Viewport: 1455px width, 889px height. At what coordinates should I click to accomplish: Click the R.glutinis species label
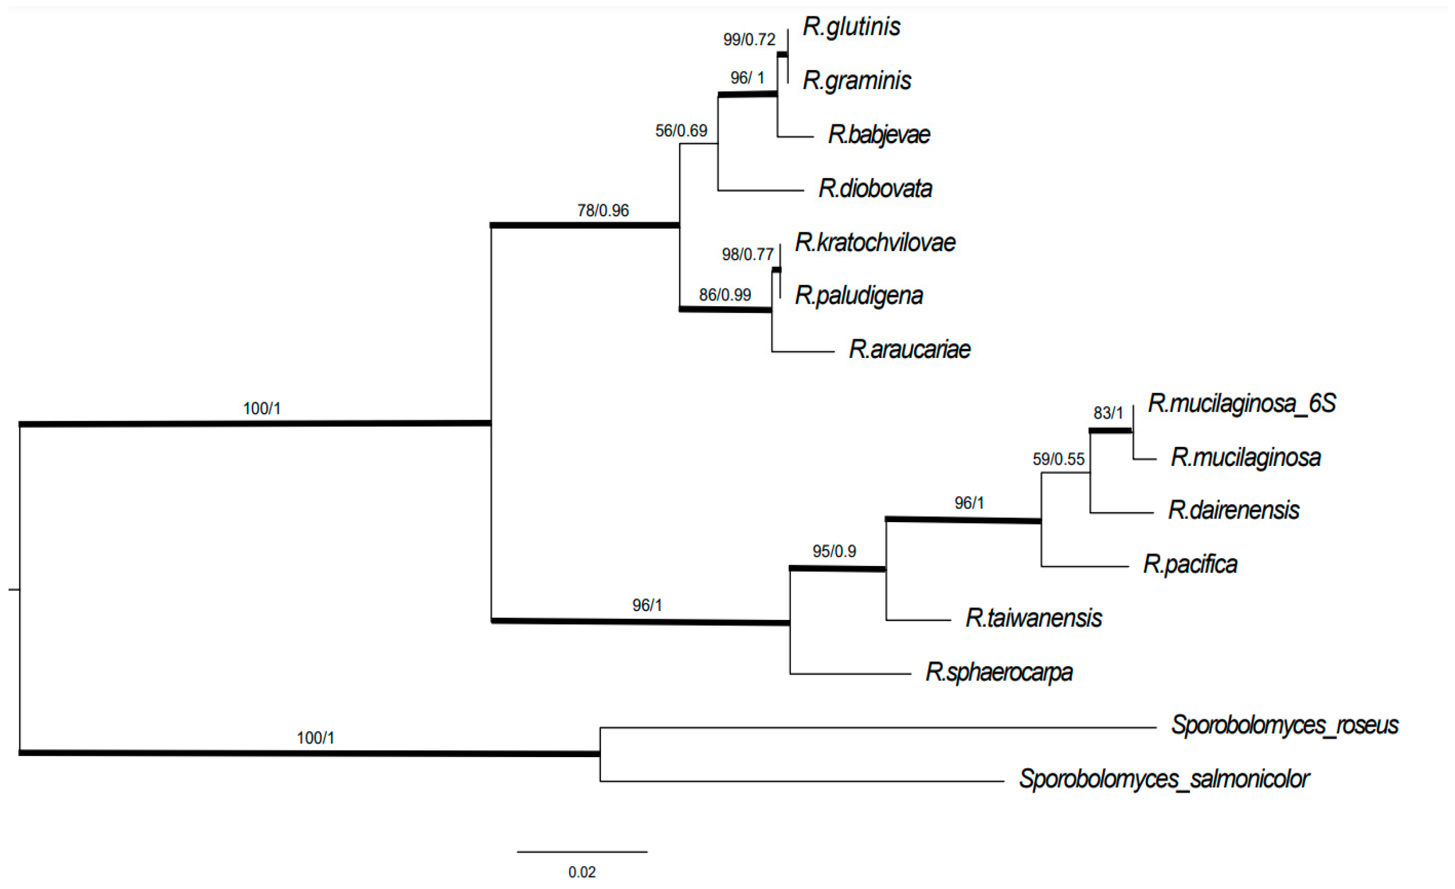(x=851, y=26)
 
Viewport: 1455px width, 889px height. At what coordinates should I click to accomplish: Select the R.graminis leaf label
(x=857, y=80)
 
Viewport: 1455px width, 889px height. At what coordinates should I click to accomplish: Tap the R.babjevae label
(x=879, y=135)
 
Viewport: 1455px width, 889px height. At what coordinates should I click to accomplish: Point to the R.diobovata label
(x=875, y=188)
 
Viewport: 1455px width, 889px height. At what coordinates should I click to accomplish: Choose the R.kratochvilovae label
(x=875, y=242)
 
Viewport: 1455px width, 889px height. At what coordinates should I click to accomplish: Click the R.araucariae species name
(x=910, y=349)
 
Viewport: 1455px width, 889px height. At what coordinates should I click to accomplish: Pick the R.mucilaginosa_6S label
(x=1241, y=403)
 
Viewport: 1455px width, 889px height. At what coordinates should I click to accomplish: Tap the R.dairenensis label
(x=1233, y=510)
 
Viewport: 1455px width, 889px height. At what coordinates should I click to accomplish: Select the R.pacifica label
(x=1190, y=564)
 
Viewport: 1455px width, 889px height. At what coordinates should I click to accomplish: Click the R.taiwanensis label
(x=1033, y=618)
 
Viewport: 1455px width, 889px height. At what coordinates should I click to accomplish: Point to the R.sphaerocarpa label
(x=998, y=671)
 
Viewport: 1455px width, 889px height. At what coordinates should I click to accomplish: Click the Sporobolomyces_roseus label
(x=1285, y=725)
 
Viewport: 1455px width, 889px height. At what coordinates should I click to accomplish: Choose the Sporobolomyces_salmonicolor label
(x=1164, y=779)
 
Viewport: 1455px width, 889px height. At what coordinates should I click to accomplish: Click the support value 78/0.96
(x=603, y=210)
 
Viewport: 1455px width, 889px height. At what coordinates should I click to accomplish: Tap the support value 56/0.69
(x=681, y=131)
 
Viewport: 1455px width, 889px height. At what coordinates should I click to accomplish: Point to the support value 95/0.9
(x=834, y=551)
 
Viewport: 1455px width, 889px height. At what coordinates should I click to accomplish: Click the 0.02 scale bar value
(x=582, y=872)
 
